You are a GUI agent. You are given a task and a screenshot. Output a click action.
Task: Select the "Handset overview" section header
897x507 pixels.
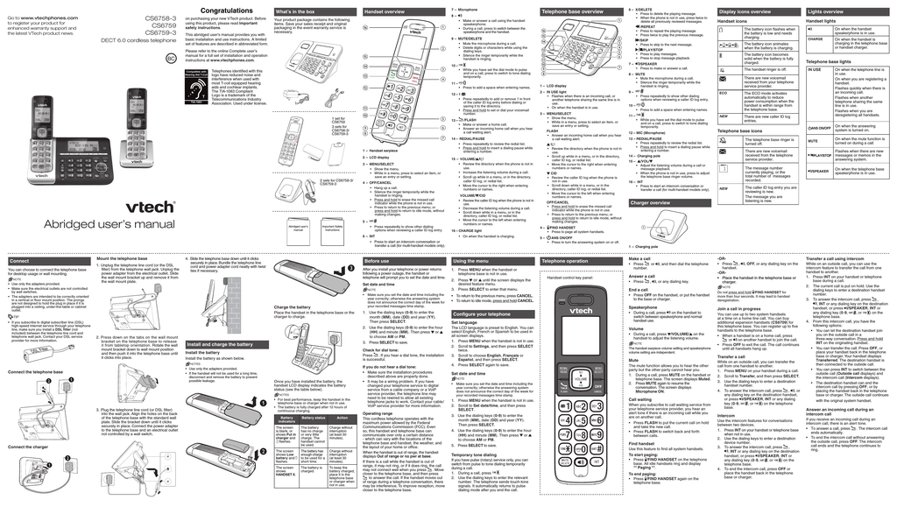click(385, 11)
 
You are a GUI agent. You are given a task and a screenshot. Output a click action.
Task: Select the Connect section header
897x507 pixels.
click(19, 261)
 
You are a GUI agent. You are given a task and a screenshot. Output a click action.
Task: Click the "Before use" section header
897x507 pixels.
click(378, 261)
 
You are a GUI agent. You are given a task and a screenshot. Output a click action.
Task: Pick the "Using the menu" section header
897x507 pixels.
click(472, 261)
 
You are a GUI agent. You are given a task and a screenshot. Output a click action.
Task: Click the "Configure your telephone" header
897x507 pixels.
click(482, 313)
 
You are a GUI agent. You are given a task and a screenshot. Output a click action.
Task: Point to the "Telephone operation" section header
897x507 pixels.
click(566, 261)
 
